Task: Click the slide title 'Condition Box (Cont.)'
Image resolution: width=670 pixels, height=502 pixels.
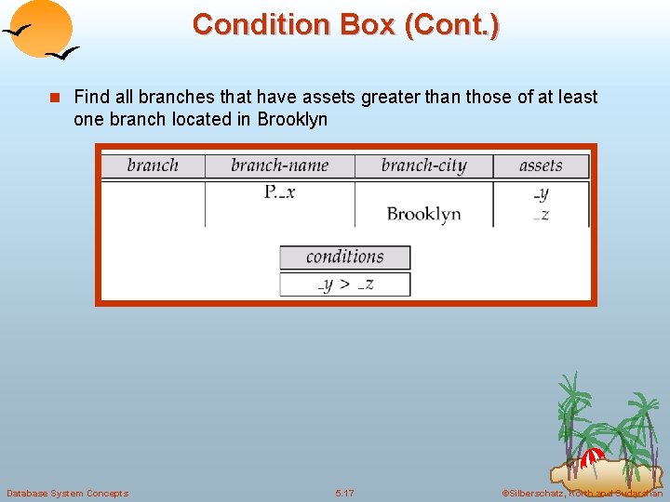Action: (345, 24)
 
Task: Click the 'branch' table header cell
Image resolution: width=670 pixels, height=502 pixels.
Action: (152, 166)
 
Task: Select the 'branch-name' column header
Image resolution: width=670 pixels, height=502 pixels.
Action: (279, 166)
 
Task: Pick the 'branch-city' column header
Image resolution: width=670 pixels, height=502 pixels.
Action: (423, 166)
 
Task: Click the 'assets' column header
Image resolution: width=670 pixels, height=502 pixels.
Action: (541, 166)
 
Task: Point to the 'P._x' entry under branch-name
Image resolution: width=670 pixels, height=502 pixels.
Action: (279, 192)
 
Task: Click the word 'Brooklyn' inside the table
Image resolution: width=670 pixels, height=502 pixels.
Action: (423, 214)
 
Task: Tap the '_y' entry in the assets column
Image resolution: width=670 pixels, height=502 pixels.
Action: (541, 193)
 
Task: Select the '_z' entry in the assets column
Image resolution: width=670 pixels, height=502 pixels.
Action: (541, 215)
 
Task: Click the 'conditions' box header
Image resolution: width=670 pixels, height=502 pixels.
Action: (344, 257)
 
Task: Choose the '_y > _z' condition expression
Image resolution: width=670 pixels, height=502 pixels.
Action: (344, 284)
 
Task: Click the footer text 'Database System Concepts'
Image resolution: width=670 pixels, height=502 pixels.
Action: (67, 493)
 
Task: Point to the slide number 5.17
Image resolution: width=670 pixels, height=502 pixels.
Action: (344, 493)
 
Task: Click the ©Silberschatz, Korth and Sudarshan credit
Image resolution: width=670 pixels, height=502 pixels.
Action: (582, 493)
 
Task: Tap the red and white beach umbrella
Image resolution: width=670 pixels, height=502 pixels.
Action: (592, 457)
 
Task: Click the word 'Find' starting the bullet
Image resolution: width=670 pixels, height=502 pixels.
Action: (89, 97)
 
